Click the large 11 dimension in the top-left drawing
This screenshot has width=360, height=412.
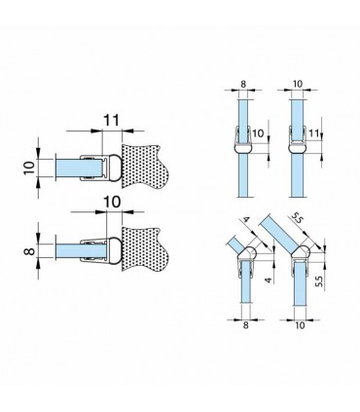tap(112, 120)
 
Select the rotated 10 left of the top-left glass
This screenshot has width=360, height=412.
tap(29, 169)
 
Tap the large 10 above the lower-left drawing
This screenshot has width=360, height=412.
tap(112, 202)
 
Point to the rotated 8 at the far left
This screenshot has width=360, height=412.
tap(29, 251)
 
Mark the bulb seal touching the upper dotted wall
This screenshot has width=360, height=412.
tap(114, 169)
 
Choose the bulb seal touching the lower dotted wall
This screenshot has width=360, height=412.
tap(114, 251)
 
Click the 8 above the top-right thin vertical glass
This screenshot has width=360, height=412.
tap(243, 84)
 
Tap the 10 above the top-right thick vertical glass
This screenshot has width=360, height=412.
tap(298, 84)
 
